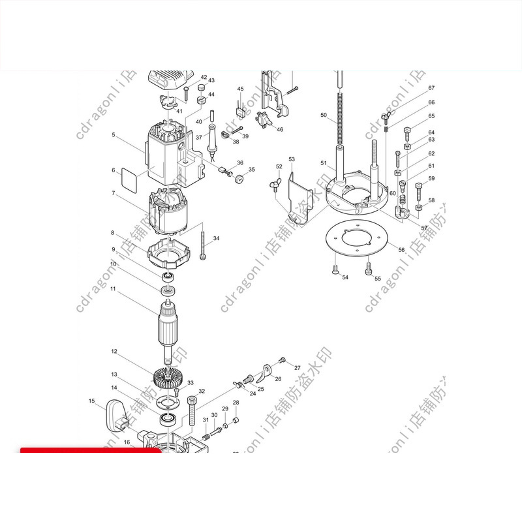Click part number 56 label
point(401,250)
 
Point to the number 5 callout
point(113,135)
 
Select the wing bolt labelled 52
point(277,187)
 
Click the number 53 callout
point(292,160)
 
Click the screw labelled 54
point(335,269)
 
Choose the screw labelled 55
point(369,268)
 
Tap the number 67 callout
point(431,88)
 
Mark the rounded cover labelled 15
point(119,416)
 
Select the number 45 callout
point(240,89)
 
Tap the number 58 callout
point(431,200)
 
